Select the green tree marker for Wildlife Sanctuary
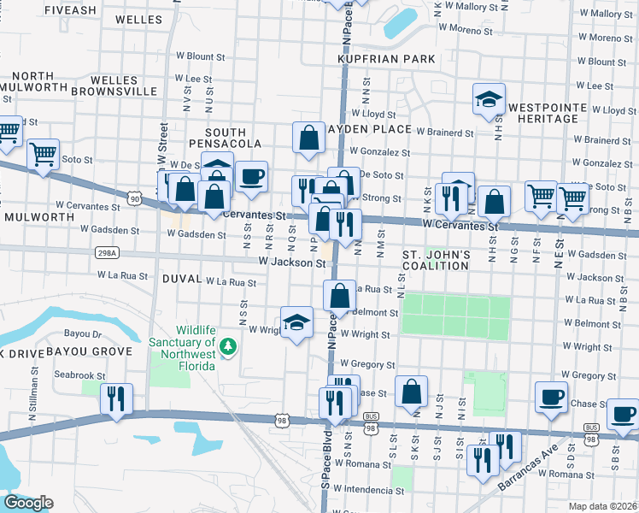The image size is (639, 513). pos(227,346)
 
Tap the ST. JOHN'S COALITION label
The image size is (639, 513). pos(436,260)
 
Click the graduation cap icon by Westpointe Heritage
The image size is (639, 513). pos(490,98)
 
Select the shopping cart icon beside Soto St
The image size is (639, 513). pos(43,154)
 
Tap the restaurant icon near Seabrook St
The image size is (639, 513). pos(114,398)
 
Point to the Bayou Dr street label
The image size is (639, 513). pos(82,334)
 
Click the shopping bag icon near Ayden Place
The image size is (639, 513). pos(308,137)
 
